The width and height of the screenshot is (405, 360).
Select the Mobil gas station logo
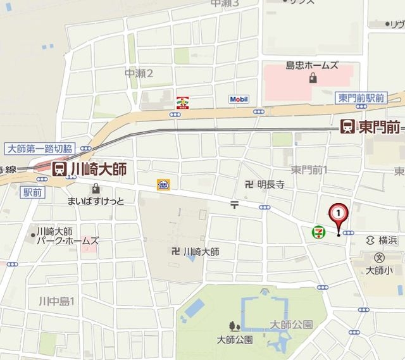click(239, 99)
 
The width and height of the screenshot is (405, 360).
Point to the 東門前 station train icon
click(348, 127)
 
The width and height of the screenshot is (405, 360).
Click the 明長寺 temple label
click(270, 185)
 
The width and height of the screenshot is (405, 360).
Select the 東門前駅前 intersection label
click(361, 97)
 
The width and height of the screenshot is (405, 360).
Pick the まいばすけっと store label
click(96, 201)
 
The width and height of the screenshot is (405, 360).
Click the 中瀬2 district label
click(139, 73)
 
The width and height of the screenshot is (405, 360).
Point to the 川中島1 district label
click(57, 301)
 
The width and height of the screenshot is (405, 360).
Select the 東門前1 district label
click(309, 170)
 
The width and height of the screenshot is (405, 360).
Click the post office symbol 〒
click(234, 204)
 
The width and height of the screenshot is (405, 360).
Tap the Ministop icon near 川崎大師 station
click(163, 185)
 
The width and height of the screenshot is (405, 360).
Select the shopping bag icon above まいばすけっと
click(96, 188)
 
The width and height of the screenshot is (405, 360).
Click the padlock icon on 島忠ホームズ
click(313, 78)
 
